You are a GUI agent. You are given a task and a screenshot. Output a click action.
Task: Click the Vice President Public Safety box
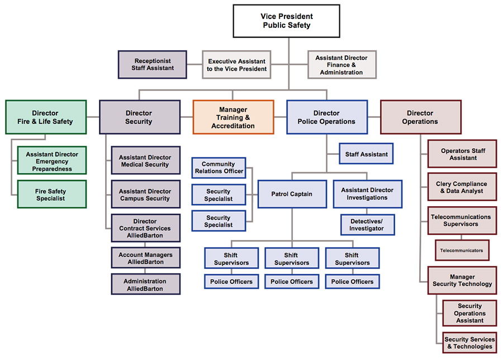click(287, 21)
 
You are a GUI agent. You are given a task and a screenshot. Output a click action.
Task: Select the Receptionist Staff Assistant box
click(153, 64)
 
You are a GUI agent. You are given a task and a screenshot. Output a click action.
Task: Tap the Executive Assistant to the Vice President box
click(237, 65)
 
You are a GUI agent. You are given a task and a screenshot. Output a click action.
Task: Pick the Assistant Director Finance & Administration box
click(341, 65)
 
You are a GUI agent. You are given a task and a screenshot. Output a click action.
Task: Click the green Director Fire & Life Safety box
click(45, 117)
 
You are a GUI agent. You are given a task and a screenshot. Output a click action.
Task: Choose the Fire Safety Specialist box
click(52, 194)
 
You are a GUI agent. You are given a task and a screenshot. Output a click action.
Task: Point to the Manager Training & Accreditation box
click(233, 117)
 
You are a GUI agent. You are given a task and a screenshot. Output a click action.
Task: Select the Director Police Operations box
click(326, 117)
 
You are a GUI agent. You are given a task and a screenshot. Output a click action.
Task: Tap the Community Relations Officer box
click(219, 168)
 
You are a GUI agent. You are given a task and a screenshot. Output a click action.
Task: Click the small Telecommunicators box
click(462, 250)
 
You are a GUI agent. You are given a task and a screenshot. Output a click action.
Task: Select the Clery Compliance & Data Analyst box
click(462, 187)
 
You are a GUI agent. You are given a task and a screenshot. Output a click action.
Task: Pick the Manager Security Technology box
click(462, 281)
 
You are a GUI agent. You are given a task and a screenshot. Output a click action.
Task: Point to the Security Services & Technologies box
click(469, 343)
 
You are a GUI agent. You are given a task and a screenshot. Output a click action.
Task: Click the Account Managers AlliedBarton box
click(145, 258)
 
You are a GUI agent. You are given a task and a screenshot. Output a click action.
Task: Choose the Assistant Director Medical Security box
click(145, 161)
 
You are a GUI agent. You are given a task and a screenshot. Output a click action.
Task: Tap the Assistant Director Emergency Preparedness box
click(52, 161)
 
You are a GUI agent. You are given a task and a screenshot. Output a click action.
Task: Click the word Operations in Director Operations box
click(420, 121)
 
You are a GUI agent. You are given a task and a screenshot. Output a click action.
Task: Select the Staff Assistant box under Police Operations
click(366, 154)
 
